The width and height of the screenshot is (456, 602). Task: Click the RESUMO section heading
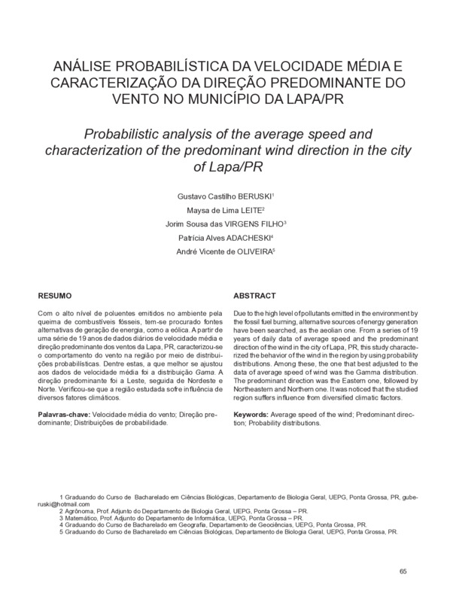point(53,296)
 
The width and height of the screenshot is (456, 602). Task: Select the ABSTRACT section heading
point(255,296)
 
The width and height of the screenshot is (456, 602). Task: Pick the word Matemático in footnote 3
point(82,518)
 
